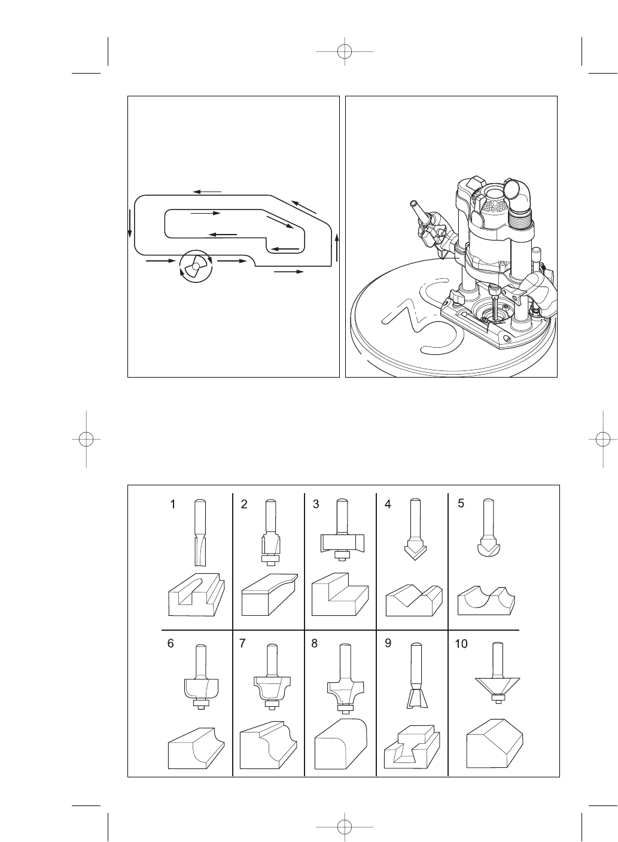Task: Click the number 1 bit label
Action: click(x=173, y=504)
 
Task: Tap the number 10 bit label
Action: click(x=461, y=644)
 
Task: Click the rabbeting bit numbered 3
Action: click(x=342, y=533)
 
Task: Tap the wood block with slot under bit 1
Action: click(x=197, y=596)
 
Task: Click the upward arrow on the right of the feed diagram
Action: click(x=337, y=247)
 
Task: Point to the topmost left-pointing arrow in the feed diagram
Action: click(x=207, y=191)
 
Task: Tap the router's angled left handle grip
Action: click(x=421, y=222)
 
